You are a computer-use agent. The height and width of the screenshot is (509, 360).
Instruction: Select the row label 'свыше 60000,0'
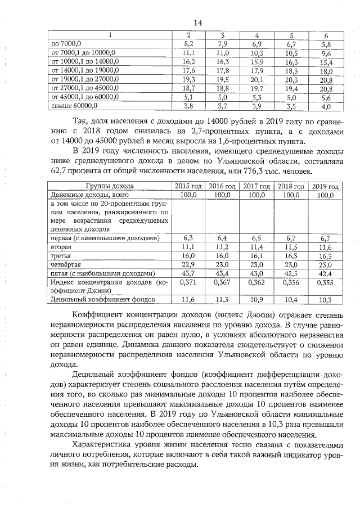point(74,105)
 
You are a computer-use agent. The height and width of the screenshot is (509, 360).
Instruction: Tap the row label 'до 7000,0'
point(66,43)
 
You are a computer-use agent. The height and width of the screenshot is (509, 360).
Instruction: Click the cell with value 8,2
point(189,43)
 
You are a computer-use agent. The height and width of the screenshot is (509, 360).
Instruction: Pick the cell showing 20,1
point(256,79)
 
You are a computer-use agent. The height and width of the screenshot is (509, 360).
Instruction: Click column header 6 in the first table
point(326,35)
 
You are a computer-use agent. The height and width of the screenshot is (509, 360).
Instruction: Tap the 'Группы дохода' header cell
point(110,186)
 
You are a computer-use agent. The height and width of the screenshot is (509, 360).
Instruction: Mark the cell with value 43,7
point(188,273)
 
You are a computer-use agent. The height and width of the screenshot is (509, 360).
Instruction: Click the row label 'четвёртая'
point(66,264)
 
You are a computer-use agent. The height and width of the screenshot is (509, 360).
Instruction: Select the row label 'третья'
point(61,255)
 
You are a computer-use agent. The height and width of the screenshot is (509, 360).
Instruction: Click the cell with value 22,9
point(188,264)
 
